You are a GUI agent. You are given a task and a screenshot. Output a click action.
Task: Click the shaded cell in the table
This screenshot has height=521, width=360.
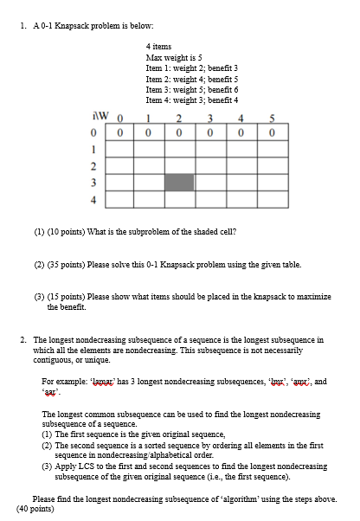click(178, 182)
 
